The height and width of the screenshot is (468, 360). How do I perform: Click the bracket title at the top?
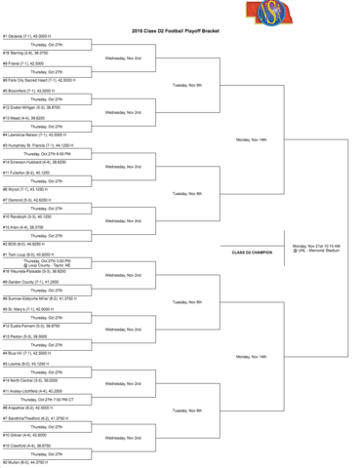click(x=176, y=31)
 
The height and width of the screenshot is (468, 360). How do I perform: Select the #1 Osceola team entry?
click(x=26, y=35)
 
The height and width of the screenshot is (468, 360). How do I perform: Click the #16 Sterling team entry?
click(x=27, y=52)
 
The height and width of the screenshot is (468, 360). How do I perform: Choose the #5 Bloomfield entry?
click(x=28, y=90)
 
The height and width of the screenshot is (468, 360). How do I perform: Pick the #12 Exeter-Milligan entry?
click(x=33, y=108)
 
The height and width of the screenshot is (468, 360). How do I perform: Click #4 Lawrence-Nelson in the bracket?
click(x=35, y=135)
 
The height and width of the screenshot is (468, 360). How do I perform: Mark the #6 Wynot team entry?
click(x=24, y=189)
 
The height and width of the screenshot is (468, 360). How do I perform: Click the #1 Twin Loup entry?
click(x=26, y=253)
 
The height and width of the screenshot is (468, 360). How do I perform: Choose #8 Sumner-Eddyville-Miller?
click(x=41, y=298)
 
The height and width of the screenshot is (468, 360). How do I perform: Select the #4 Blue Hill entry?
click(x=25, y=353)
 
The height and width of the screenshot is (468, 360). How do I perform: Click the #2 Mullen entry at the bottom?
click(x=24, y=462)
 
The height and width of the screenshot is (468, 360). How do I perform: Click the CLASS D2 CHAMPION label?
click(x=253, y=252)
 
